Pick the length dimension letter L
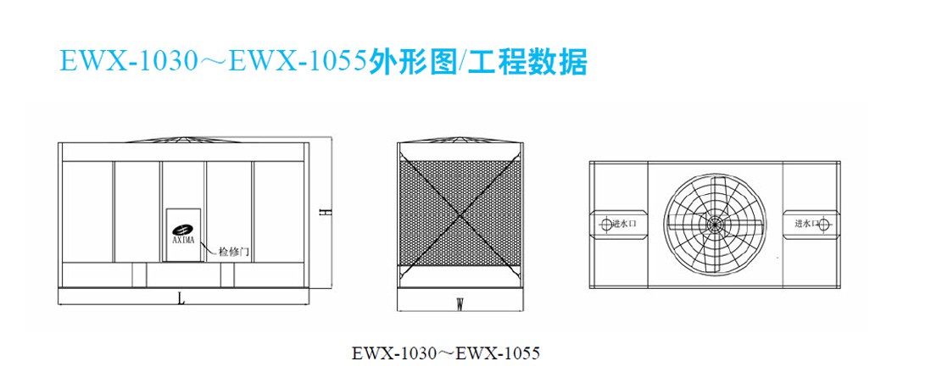182,300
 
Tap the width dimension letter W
460,305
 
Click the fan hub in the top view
712,224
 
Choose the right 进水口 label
807,224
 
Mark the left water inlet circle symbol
605,224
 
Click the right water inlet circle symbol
826,224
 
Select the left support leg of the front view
139,275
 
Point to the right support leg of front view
227,275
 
